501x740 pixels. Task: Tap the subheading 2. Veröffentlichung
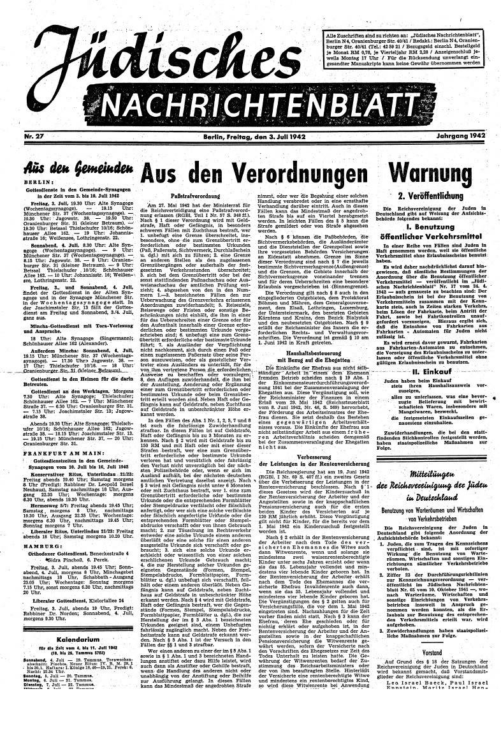coord(435,195)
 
